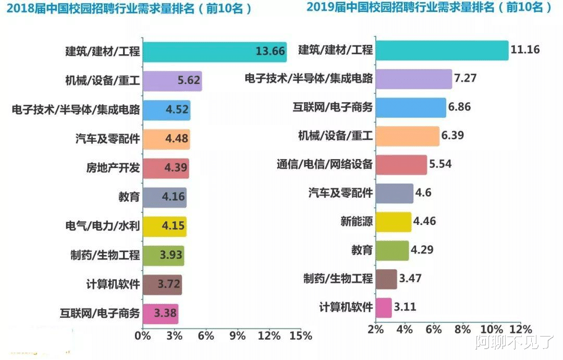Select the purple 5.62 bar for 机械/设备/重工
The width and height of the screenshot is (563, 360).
click(172, 81)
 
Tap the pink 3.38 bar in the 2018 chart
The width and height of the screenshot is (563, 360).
click(160, 314)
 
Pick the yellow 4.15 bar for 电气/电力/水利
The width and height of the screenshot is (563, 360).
click(164, 227)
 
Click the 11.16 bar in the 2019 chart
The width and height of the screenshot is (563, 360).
click(441, 50)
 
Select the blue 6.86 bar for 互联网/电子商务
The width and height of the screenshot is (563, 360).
click(410, 107)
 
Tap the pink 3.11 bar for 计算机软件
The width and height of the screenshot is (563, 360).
click(383, 307)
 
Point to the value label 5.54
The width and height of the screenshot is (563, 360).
click(440, 164)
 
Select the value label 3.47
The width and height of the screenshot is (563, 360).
click(410, 279)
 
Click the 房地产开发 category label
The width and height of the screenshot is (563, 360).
click(113, 168)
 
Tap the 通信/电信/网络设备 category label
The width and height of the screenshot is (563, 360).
click(324, 164)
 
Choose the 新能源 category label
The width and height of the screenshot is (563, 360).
click(357, 221)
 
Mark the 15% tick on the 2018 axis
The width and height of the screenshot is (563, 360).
click(301, 335)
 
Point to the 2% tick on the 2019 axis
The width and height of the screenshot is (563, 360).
click(375, 330)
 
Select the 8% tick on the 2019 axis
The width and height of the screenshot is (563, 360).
click(462, 330)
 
